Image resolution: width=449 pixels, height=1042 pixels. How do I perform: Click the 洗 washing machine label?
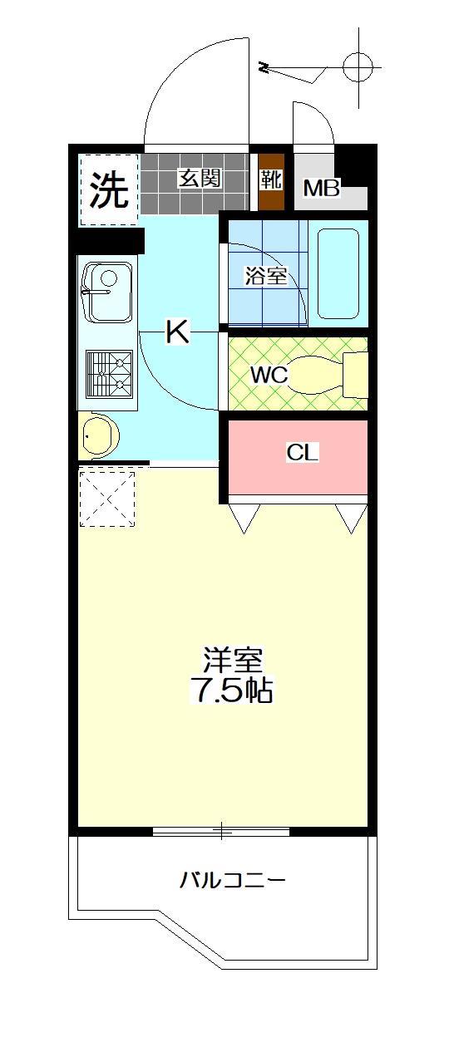click(109, 190)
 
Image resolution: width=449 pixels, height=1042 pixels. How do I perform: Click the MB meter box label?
click(321, 189)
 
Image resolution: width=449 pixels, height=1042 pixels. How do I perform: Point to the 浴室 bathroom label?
click(265, 277)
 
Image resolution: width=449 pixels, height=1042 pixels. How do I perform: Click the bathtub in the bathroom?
click(338, 273)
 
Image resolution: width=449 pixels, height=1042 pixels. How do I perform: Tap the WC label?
click(269, 376)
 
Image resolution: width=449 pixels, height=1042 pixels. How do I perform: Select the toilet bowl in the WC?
click(320, 374)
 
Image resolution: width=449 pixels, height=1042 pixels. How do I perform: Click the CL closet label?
click(303, 453)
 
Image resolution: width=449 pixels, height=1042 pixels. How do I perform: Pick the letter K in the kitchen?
click(177, 332)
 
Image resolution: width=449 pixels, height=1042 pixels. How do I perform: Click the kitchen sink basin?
click(108, 292)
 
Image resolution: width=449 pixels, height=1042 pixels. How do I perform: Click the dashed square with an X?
click(107, 498)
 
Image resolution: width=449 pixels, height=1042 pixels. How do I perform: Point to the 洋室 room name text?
click(233, 661)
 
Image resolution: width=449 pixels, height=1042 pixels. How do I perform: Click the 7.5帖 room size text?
click(233, 691)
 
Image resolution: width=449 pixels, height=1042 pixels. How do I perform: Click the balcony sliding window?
click(221, 830)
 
